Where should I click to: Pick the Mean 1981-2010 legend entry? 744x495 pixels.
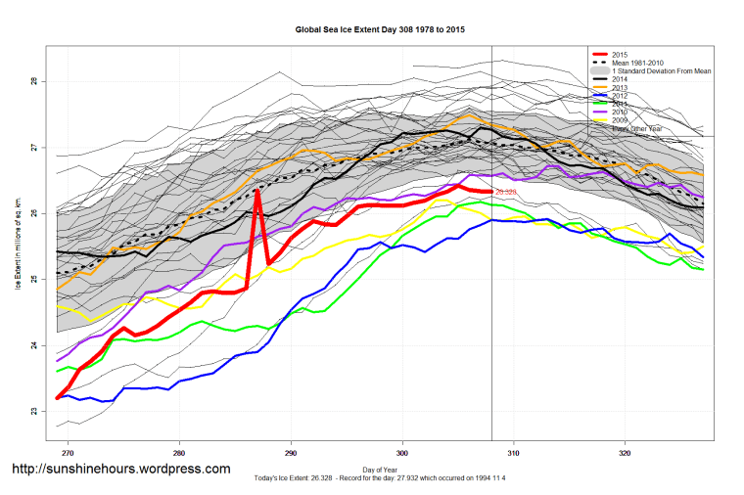[640, 63]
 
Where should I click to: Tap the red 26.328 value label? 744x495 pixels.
[506, 193]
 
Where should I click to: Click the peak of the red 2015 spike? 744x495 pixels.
[257, 190]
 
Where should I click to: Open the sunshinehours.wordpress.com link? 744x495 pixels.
[120, 470]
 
